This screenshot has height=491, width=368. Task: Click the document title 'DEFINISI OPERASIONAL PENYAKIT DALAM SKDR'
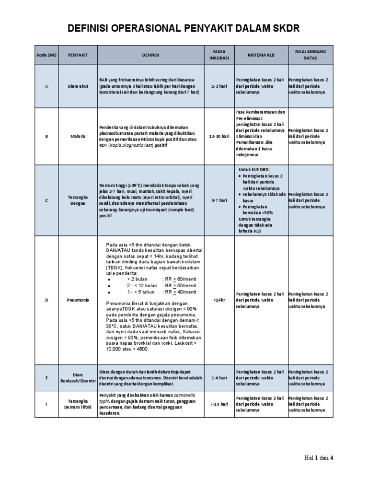(x=184, y=29)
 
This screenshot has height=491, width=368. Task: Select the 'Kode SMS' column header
(x=46, y=55)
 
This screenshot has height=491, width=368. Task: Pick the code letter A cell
(x=46, y=86)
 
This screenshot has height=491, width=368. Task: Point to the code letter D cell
(x=46, y=300)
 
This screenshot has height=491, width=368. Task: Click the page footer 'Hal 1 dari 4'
(x=319, y=457)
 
